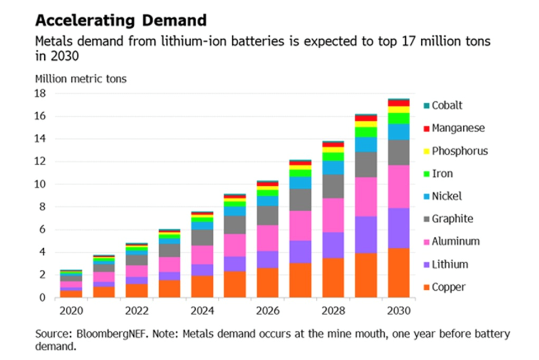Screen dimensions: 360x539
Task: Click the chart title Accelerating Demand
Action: [x=121, y=20]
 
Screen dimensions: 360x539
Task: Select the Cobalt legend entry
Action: [x=447, y=105]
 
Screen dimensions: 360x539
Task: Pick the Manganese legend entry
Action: [x=458, y=128]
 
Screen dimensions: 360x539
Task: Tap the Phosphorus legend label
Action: [x=460, y=151]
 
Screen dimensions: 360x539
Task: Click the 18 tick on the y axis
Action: [x=41, y=93]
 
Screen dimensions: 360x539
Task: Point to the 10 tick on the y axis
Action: [x=41, y=184]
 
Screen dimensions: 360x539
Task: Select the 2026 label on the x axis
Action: [x=267, y=311]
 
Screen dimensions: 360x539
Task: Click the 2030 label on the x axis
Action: [x=399, y=311]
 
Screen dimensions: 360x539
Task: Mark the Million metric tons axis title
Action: [x=81, y=79]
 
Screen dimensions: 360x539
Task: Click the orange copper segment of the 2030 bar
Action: [x=399, y=273]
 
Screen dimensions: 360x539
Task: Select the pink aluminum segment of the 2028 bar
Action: [x=333, y=215]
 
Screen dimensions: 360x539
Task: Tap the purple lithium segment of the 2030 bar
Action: [x=399, y=228]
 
